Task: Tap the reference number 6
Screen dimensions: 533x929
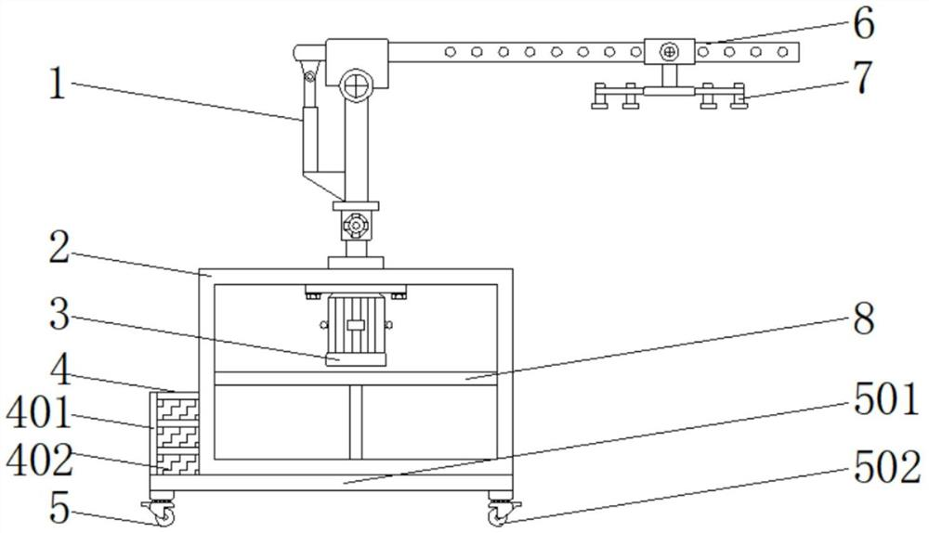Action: pos(863,25)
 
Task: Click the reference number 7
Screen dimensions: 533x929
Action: pos(863,78)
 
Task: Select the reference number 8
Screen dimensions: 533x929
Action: pos(863,319)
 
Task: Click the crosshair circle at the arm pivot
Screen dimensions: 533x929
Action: pos(355,86)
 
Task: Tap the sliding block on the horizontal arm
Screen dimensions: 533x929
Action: pos(670,51)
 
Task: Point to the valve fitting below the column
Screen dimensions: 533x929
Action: pos(354,225)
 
